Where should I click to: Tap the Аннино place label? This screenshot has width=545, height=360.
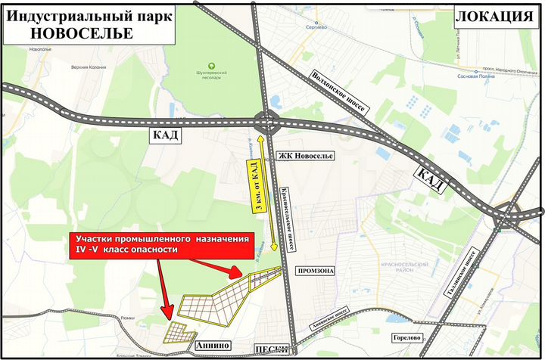click(x=212, y=345)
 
